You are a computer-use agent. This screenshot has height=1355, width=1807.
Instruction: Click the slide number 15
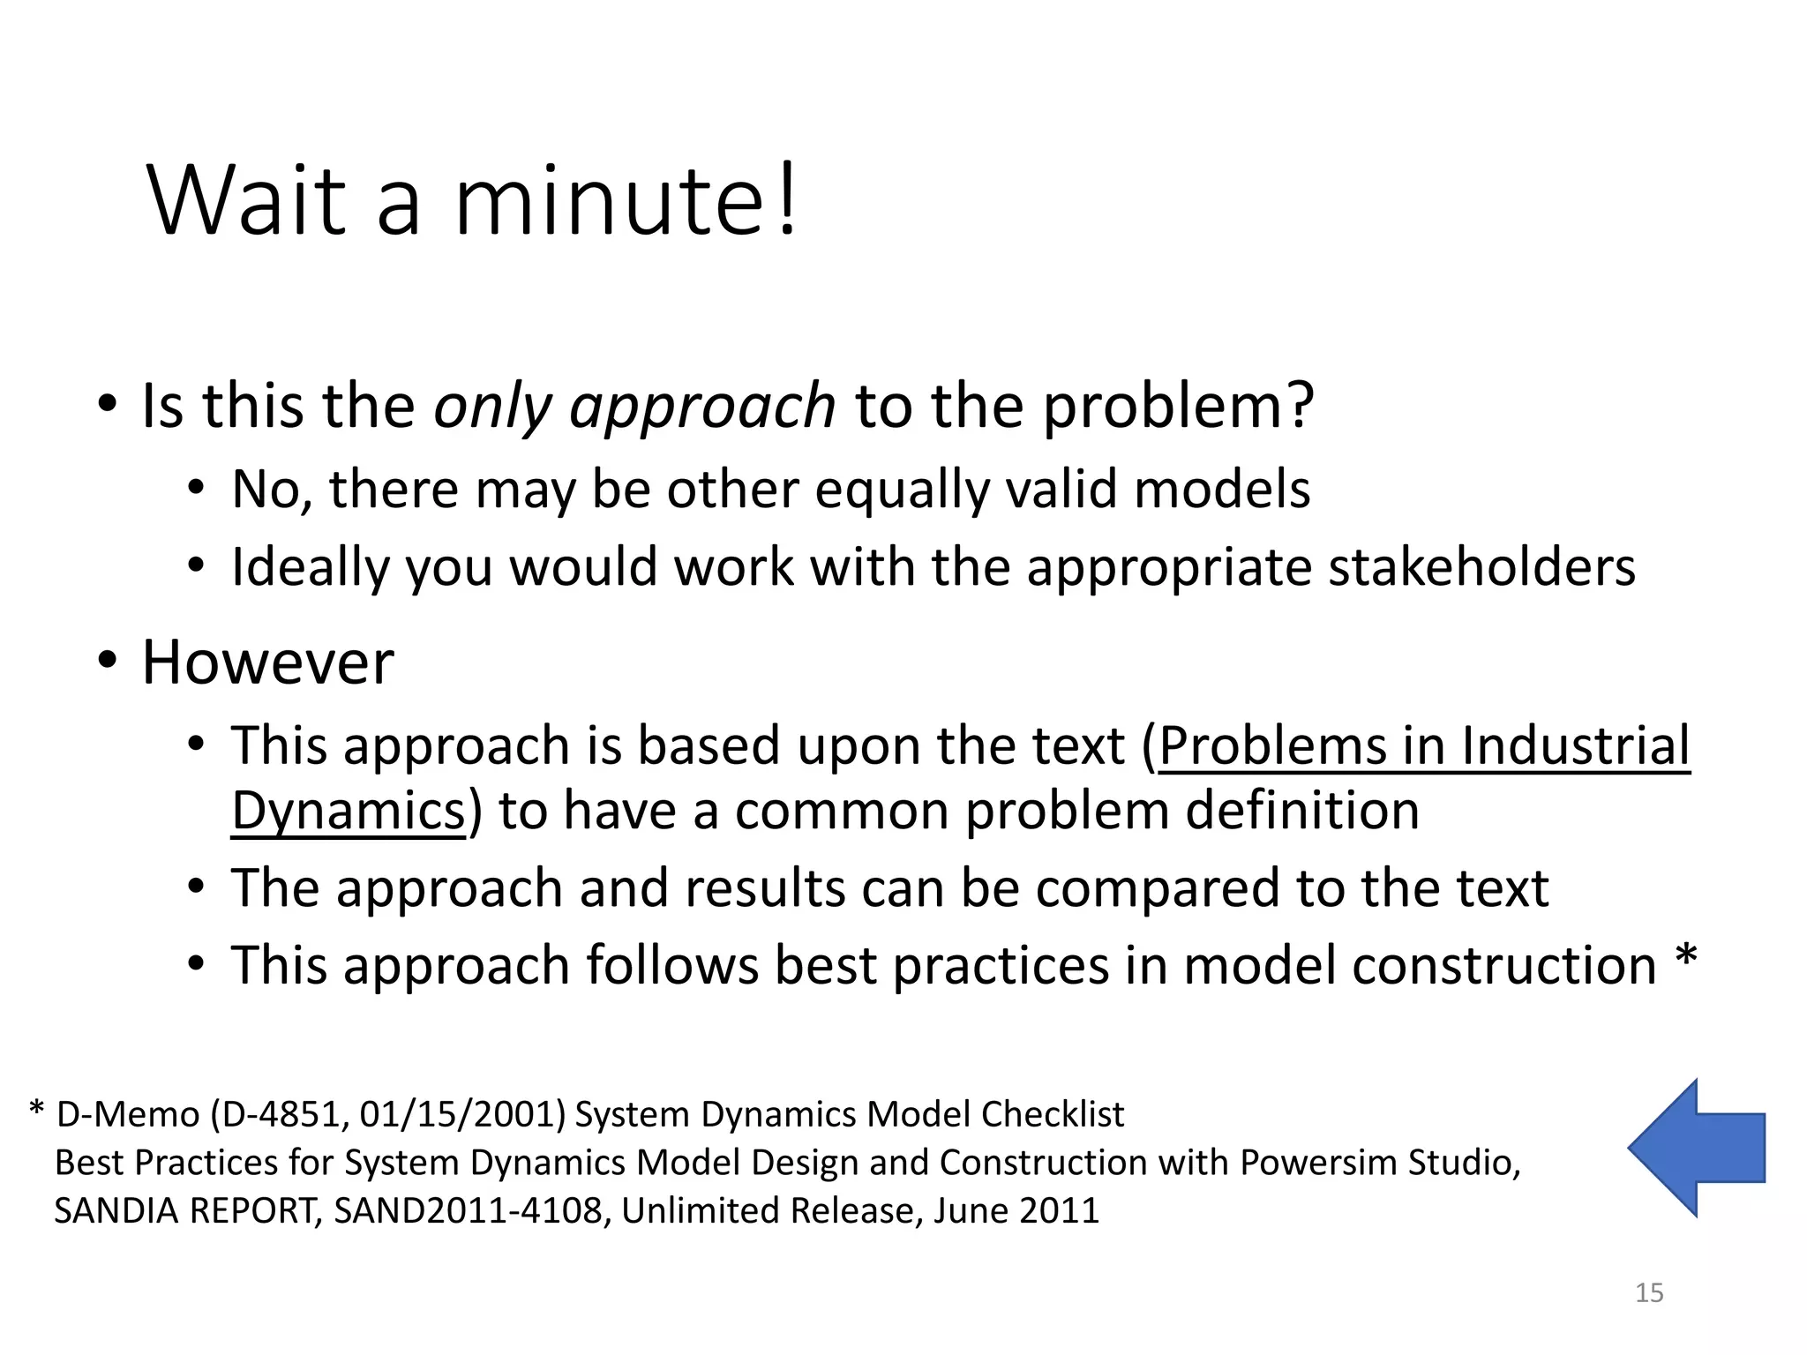coord(1649,1293)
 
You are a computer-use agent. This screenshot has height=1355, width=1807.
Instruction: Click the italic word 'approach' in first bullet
coord(702,408)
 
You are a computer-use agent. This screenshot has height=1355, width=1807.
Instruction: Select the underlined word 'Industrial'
coord(1575,745)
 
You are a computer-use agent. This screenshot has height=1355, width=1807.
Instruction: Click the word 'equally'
coord(902,490)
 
